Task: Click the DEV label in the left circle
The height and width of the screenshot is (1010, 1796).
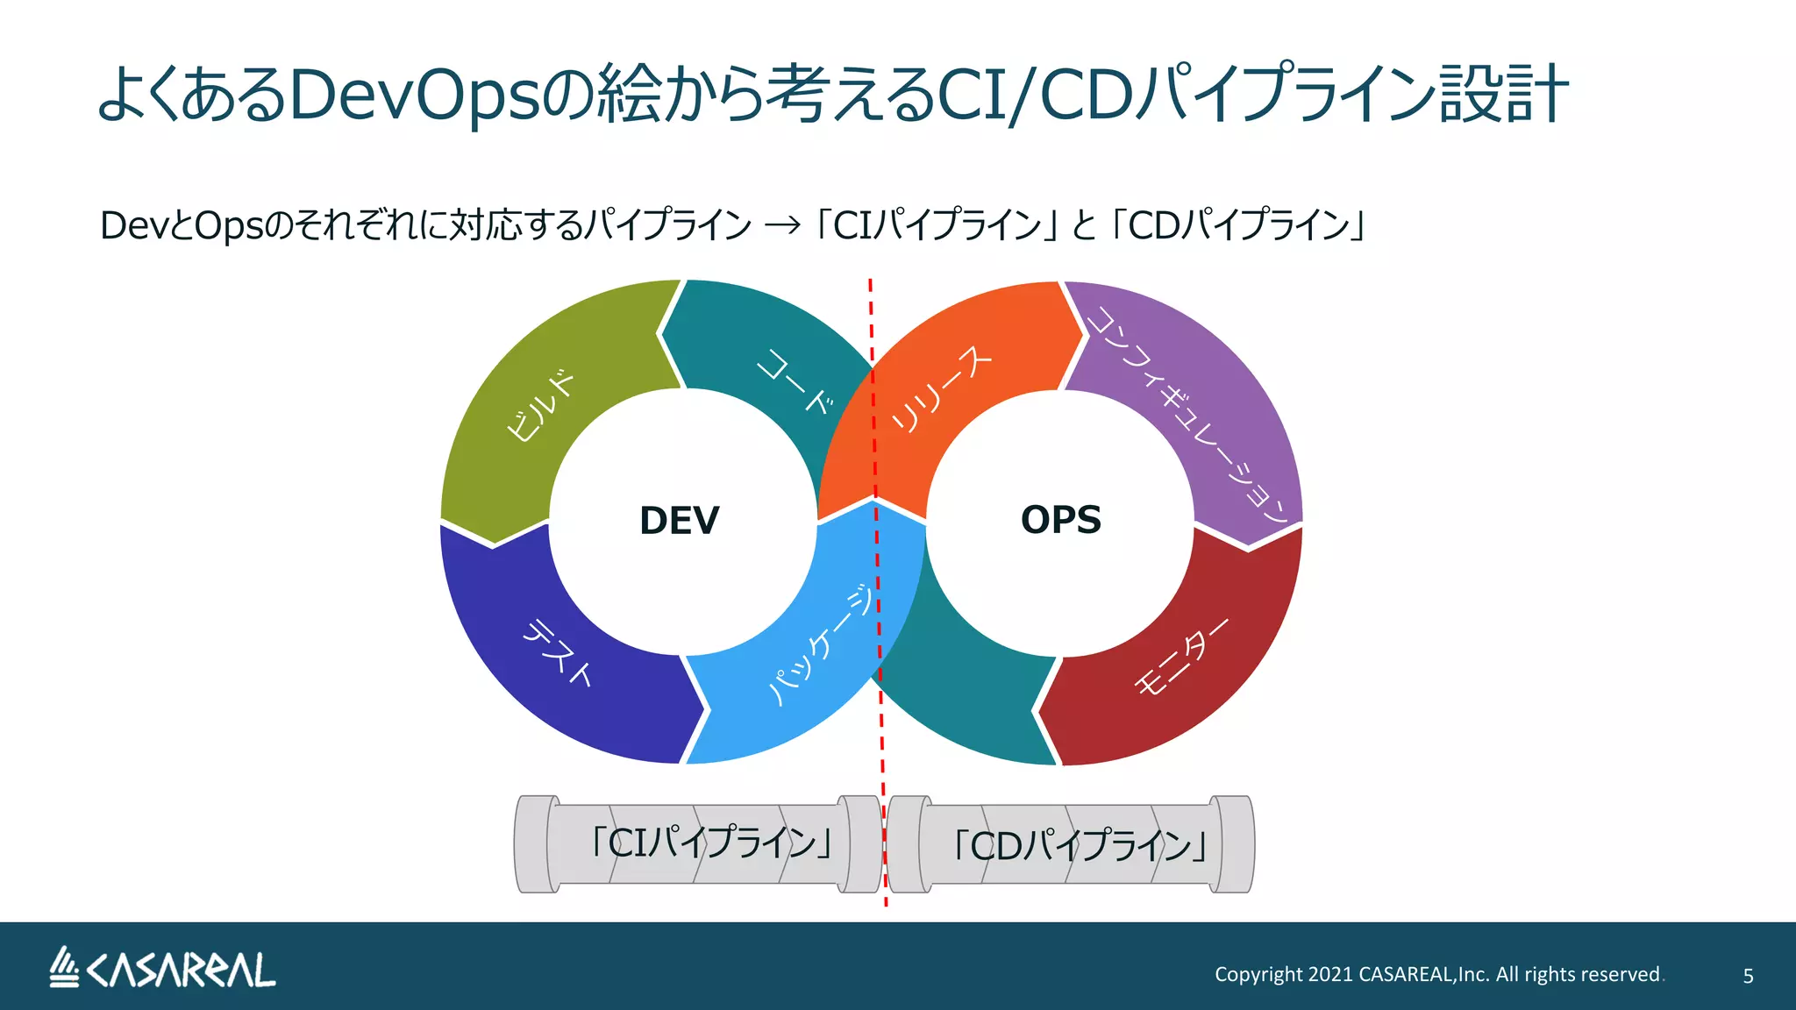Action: [679, 521]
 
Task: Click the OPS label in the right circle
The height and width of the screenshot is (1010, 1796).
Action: [1060, 520]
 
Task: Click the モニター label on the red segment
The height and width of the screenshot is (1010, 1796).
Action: [1181, 657]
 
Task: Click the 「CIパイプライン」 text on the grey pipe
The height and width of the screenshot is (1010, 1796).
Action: [710, 843]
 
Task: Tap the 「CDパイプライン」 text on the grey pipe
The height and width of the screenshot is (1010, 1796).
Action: [1080, 846]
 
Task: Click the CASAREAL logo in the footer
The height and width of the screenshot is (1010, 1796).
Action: [162, 968]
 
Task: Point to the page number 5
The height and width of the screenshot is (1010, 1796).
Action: [1748, 976]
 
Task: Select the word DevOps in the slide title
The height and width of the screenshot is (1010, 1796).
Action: [412, 95]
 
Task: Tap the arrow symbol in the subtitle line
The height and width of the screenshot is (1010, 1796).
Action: [782, 226]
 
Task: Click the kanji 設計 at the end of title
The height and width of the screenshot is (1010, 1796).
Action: [1503, 95]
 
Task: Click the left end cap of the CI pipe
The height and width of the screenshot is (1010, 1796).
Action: [534, 844]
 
